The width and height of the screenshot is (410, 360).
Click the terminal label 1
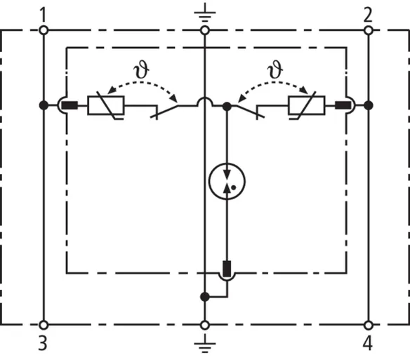pos(44,15)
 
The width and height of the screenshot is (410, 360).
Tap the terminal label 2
pos(368,15)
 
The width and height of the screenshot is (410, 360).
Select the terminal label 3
pos(43,343)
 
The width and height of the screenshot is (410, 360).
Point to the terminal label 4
pos(368,343)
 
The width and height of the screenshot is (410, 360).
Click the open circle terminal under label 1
pos(44,30)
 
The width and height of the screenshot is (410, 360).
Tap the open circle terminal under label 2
pos(369,30)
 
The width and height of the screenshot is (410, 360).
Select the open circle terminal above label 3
pos(44,325)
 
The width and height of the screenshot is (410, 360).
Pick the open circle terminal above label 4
pos(369,325)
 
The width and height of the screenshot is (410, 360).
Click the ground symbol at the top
pos(205,13)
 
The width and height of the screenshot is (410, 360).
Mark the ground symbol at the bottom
pos(205,343)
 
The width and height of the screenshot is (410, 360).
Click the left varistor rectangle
pos(106,105)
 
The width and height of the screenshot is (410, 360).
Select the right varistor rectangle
pos(307,105)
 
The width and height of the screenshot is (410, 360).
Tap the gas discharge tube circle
pos(227,181)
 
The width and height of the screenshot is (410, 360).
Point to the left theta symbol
pos(141,69)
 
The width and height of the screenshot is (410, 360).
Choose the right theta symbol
pos(275,69)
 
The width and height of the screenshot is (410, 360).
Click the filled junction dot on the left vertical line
pos(44,105)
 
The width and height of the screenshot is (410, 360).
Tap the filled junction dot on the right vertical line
pos(369,105)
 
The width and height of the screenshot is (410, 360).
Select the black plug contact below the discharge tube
pos(227,269)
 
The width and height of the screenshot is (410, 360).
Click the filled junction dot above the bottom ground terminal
pos(205,297)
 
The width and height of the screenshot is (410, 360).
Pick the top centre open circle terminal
pos(205,30)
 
